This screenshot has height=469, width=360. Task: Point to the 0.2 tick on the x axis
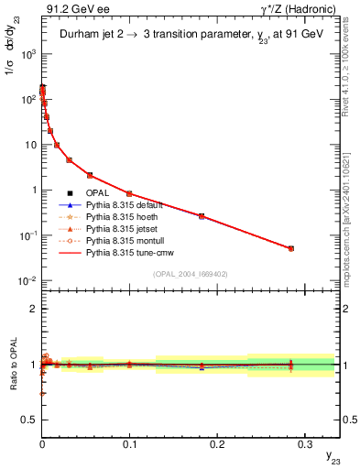216,442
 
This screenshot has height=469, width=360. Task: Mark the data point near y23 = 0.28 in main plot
291,248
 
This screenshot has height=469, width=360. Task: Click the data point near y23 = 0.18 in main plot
202,216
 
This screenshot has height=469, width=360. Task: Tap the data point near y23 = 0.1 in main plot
129,193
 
